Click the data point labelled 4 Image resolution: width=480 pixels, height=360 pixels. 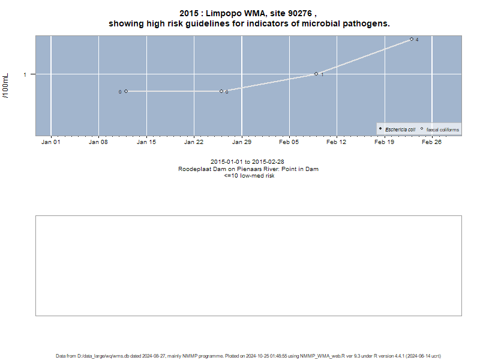(x=412, y=39)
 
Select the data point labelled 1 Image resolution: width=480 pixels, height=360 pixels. (x=316, y=74)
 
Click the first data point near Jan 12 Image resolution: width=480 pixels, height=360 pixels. (x=126, y=91)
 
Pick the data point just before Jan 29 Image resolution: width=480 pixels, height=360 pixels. (x=221, y=91)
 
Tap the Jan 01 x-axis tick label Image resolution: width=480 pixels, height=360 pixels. (x=51, y=142)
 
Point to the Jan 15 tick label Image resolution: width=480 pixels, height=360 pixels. (x=146, y=142)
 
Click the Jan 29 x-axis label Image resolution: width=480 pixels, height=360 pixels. (x=242, y=142)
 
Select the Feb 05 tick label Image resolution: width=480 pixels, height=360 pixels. (x=289, y=142)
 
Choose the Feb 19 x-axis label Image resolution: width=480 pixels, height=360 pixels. (x=384, y=142)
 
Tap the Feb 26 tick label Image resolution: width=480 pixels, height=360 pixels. (x=431, y=142)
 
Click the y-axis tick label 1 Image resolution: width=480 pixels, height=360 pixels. (x=25, y=74)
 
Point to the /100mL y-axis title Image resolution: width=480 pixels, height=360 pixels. (x=6, y=86)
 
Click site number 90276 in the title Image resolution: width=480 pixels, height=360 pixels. (x=300, y=13)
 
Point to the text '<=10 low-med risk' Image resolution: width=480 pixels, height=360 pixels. (x=249, y=176)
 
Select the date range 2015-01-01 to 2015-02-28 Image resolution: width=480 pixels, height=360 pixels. (x=247, y=161)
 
